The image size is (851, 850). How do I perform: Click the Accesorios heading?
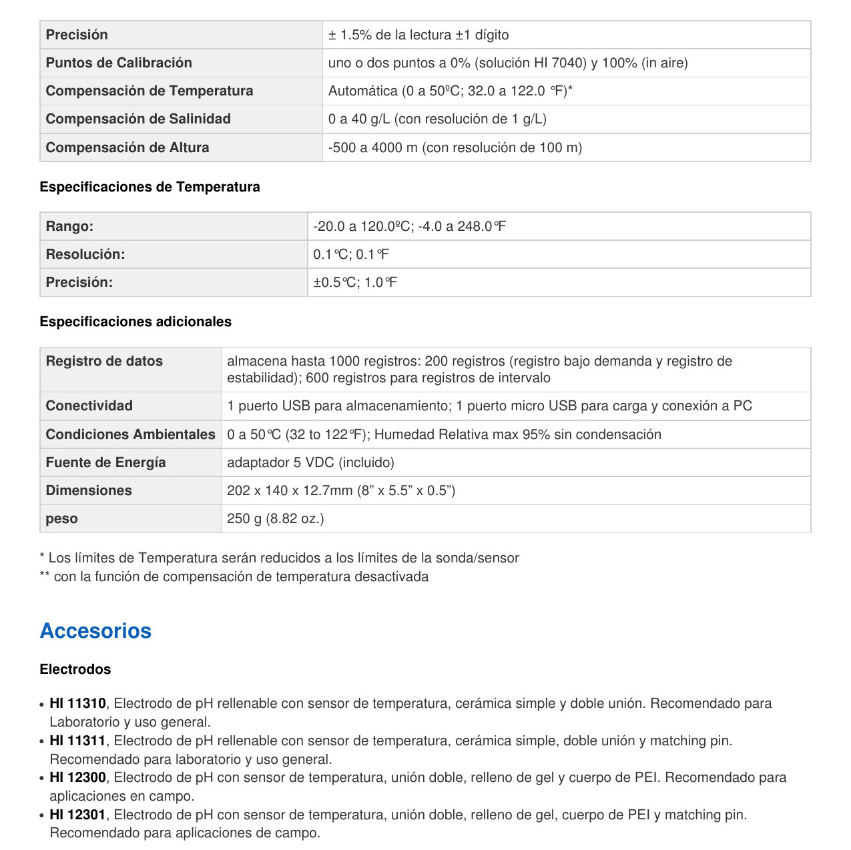pyautogui.click(x=95, y=630)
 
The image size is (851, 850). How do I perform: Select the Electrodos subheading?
pyautogui.click(x=75, y=669)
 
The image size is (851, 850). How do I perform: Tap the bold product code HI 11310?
pyautogui.click(x=77, y=703)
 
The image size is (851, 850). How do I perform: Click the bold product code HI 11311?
pyautogui.click(x=77, y=741)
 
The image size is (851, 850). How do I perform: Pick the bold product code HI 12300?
pyautogui.click(x=77, y=777)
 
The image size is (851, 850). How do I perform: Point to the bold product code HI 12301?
pyautogui.click(x=77, y=815)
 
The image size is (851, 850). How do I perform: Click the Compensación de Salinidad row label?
pyautogui.click(x=138, y=119)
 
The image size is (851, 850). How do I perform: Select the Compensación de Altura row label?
pyautogui.click(x=127, y=147)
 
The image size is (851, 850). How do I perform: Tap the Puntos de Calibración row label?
pyautogui.click(x=119, y=63)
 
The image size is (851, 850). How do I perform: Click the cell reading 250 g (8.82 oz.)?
pyautogui.click(x=276, y=518)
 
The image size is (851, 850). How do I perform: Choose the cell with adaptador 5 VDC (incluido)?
pyautogui.click(x=310, y=462)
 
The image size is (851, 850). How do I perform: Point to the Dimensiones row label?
pyautogui.click(x=89, y=490)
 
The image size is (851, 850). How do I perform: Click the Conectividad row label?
pyautogui.click(x=89, y=406)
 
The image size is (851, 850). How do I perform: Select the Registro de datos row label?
pyautogui.click(x=104, y=361)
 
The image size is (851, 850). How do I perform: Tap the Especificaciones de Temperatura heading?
pyautogui.click(x=150, y=187)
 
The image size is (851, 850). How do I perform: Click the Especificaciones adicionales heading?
pyautogui.click(x=135, y=322)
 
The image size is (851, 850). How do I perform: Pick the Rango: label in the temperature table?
pyautogui.click(x=69, y=226)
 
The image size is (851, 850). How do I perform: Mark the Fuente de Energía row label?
pyautogui.click(x=105, y=462)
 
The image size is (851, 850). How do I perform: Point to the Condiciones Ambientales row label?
pyautogui.click(x=130, y=434)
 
